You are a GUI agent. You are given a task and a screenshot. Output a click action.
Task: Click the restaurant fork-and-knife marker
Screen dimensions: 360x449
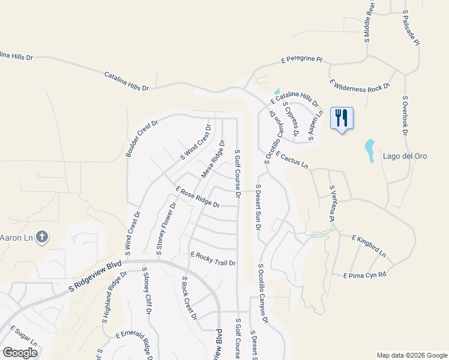(x=342, y=118)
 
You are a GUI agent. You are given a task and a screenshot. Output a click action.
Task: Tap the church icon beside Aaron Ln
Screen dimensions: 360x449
(x=42, y=238)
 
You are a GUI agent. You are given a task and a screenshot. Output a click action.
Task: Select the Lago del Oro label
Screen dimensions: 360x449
(x=405, y=157)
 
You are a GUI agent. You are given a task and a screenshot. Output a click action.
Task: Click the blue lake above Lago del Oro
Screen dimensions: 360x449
(x=370, y=147)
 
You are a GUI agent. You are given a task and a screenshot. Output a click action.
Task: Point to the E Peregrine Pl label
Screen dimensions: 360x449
(x=302, y=61)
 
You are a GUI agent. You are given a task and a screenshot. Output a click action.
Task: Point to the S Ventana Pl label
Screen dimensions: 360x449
(x=331, y=203)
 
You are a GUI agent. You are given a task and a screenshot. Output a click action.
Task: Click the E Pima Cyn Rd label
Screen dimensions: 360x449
(x=364, y=275)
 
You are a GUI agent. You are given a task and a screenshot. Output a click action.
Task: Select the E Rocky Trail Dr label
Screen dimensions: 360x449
(x=213, y=259)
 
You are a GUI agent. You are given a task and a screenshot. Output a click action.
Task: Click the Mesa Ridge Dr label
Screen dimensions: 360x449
(x=212, y=160)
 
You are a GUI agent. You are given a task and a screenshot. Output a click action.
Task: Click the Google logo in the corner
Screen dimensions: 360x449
(x=20, y=352)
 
